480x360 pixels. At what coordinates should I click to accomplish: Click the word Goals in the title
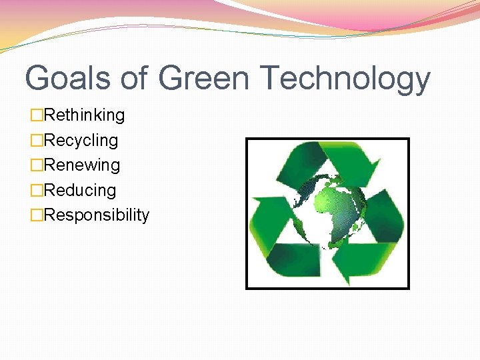click(67, 78)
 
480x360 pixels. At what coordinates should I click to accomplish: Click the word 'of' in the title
click(135, 78)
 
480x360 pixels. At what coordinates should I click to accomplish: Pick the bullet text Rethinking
click(84, 115)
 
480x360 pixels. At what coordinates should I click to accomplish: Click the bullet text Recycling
click(81, 141)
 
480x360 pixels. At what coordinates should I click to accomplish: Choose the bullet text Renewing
click(81, 165)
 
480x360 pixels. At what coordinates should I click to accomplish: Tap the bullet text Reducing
click(79, 191)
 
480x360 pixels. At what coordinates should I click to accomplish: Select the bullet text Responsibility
click(96, 215)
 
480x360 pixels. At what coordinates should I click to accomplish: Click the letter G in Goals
click(39, 78)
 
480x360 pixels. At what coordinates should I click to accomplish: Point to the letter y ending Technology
click(419, 83)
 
